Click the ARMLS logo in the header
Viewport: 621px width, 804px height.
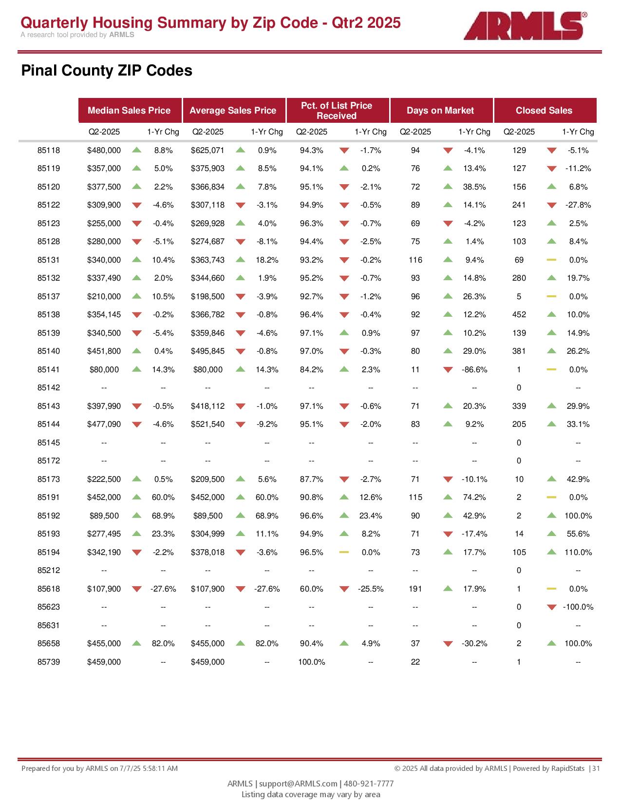click(525, 25)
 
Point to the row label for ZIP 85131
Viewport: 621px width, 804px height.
click(48, 260)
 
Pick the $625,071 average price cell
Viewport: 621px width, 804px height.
click(207, 150)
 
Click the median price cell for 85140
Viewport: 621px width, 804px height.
click(104, 351)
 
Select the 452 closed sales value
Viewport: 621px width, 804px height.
click(519, 314)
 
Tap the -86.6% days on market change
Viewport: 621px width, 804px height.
click(474, 369)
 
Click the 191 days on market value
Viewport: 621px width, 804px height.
click(415, 589)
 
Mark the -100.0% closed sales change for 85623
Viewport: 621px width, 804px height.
click(578, 607)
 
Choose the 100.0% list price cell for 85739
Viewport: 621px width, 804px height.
click(311, 662)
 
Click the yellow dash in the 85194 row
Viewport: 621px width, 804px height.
click(344, 552)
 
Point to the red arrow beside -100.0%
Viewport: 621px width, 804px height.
click(551, 607)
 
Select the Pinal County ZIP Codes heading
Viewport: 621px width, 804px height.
click(107, 70)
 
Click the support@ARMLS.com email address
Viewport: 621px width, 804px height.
click(298, 783)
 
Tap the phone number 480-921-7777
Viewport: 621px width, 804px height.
click(369, 783)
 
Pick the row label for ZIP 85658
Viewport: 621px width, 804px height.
click(48, 643)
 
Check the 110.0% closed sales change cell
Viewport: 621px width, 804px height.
click(578, 552)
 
